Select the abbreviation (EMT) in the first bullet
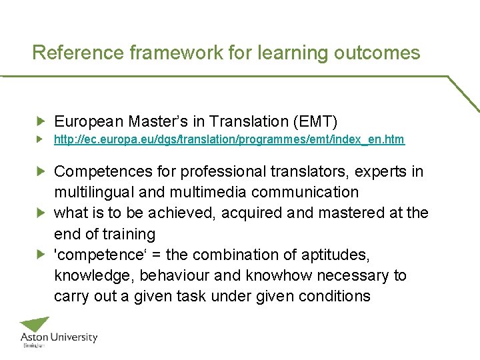(x=315, y=121)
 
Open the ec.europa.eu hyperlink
(x=229, y=140)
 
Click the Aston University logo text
(x=59, y=338)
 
